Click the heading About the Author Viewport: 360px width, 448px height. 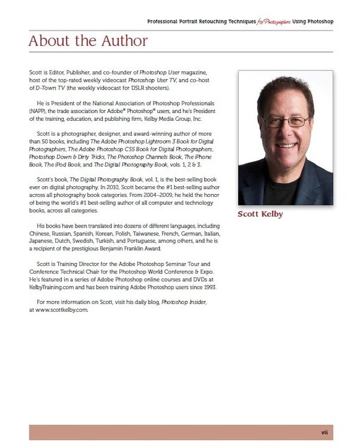coord(88,41)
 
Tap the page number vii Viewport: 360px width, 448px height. coord(323,432)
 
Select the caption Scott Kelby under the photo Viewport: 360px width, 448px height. coord(262,214)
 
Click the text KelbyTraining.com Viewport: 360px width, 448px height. coord(55,287)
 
